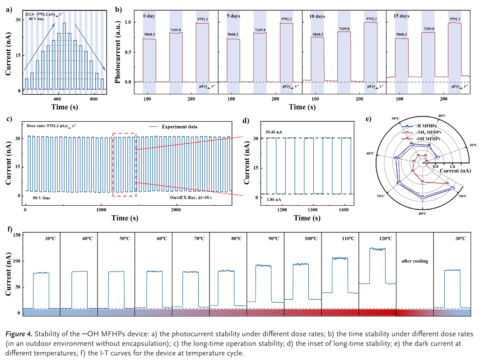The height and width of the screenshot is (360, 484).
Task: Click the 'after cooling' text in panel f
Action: click(414, 261)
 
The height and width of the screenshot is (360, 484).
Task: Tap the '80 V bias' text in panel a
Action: click(37, 19)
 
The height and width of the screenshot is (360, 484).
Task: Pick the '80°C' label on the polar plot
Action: click(423, 213)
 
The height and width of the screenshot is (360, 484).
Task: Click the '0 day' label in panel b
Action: click(150, 16)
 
